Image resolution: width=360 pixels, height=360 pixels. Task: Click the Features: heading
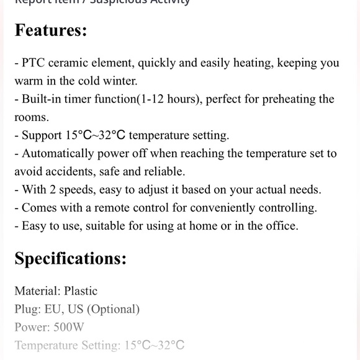click(x=51, y=30)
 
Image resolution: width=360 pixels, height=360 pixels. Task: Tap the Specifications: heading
click(x=70, y=258)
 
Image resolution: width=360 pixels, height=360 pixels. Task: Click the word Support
click(x=42, y=135)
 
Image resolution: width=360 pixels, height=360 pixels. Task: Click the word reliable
click(x=164, y=171)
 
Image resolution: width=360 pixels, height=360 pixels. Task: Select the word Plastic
click(x=81, y=290)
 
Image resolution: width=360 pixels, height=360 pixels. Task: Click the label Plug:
click(x=27, y=308)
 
